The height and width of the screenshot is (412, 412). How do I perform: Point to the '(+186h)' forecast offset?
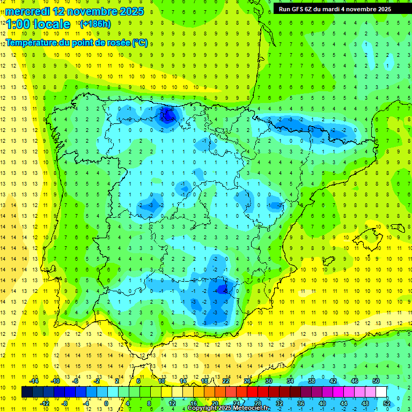[x=95, y=24]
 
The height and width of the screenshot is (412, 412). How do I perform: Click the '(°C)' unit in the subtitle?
[x=140, y=42]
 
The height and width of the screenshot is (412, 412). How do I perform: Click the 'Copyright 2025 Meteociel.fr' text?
[x=230, y=408]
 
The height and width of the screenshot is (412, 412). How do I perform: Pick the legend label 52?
[x=387, y=403]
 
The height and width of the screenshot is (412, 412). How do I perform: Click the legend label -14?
[x=34, y=380]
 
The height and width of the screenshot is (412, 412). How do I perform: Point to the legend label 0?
[x=106, y=403]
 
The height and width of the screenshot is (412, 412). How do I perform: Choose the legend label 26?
[x=247, y=380]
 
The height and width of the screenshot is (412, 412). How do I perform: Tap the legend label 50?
[x=376, y=380]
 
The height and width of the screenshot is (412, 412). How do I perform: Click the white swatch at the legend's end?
[x=381, y=392]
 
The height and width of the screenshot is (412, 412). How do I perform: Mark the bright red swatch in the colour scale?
[x=253, y=392]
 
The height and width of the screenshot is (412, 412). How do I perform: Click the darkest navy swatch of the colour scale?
[x=27, y=392]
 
